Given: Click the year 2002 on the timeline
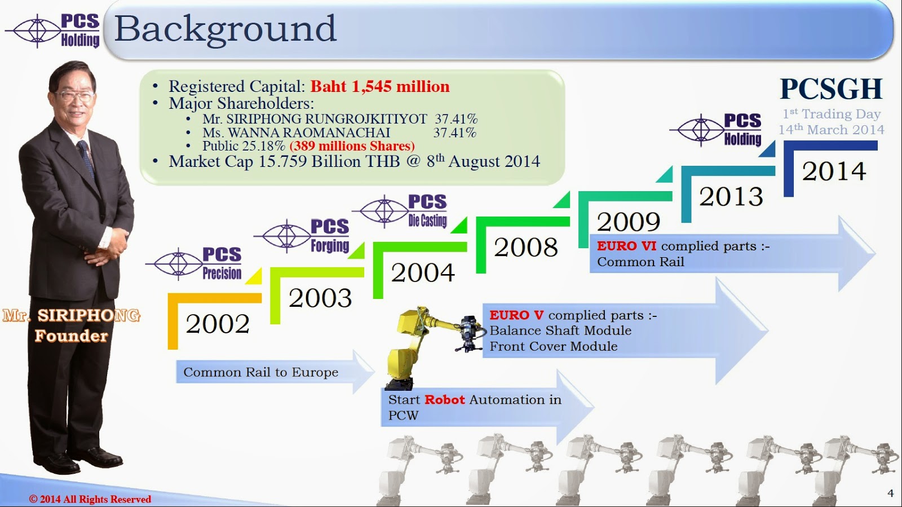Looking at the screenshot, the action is point(218,324).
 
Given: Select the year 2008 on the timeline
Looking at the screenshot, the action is point(525,247).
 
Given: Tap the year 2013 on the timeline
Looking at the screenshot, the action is point(731,196).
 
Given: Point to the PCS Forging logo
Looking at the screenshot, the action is point(302,236).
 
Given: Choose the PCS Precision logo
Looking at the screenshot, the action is point(194,264).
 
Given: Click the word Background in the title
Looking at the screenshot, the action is point(225,28).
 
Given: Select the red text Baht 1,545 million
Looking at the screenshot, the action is point(380,87).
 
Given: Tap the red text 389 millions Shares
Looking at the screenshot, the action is point(352,146).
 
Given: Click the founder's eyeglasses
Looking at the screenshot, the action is point(75,96).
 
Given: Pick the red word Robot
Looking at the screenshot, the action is point(445,399).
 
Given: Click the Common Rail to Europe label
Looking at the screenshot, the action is point(260,372).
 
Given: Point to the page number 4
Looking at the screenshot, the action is point(890,493).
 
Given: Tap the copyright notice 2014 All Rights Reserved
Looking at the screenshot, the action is point(90,499).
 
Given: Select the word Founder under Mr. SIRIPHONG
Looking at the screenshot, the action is point(71,336).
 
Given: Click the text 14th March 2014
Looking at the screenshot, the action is point(831,130).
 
